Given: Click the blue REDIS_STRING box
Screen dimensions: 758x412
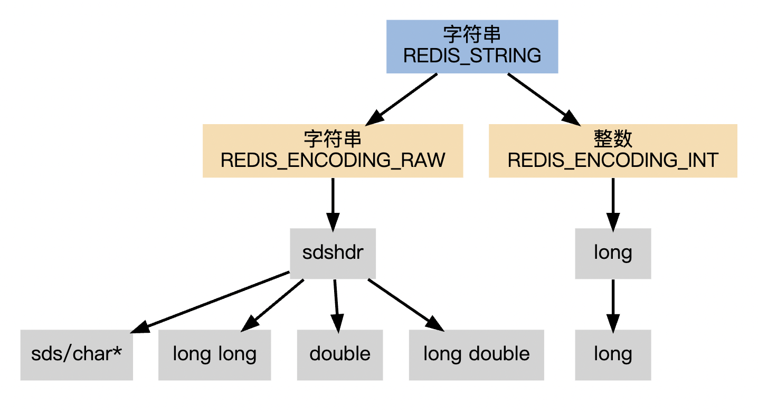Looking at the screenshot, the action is (x=472, y=46).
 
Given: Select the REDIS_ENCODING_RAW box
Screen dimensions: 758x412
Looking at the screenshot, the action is (x=333, y=151).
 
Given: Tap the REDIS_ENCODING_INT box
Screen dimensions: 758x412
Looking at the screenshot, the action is (x=613, y=151).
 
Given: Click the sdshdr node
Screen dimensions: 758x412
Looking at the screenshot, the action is (x=333, y=254).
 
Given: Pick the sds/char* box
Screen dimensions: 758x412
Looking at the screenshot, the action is (x=77, y=355).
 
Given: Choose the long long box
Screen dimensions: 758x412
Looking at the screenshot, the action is (x=214, y=355).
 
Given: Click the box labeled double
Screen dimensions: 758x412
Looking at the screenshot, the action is (x=340, y=355).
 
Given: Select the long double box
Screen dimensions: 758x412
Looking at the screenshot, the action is (x=477, y=355).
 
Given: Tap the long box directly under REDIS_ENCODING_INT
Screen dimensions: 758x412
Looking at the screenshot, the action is (x=613, y=254).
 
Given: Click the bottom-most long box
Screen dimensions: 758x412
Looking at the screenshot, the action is (x=613, y=355).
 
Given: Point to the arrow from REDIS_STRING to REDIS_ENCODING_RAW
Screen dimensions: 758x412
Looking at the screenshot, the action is (x=401, y=99).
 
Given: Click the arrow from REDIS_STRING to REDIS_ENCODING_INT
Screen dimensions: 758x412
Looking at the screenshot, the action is (x=544, y=99).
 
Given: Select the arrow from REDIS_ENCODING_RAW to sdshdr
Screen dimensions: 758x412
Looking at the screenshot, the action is (x=333, y=205).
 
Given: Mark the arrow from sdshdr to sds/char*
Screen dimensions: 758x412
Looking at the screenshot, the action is (x=210, y=302).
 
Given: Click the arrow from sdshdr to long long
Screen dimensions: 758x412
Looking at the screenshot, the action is (x=272, y=306).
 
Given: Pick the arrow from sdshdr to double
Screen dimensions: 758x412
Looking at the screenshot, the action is (x=336, y=306).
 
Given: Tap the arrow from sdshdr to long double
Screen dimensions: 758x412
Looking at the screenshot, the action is (x=406, y=305).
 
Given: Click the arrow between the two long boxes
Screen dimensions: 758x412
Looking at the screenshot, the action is (x=613, y=306).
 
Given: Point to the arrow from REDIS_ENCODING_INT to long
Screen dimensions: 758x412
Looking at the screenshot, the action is (x=613, y=205).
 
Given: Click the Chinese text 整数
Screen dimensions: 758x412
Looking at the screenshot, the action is (x=613, y=139).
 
